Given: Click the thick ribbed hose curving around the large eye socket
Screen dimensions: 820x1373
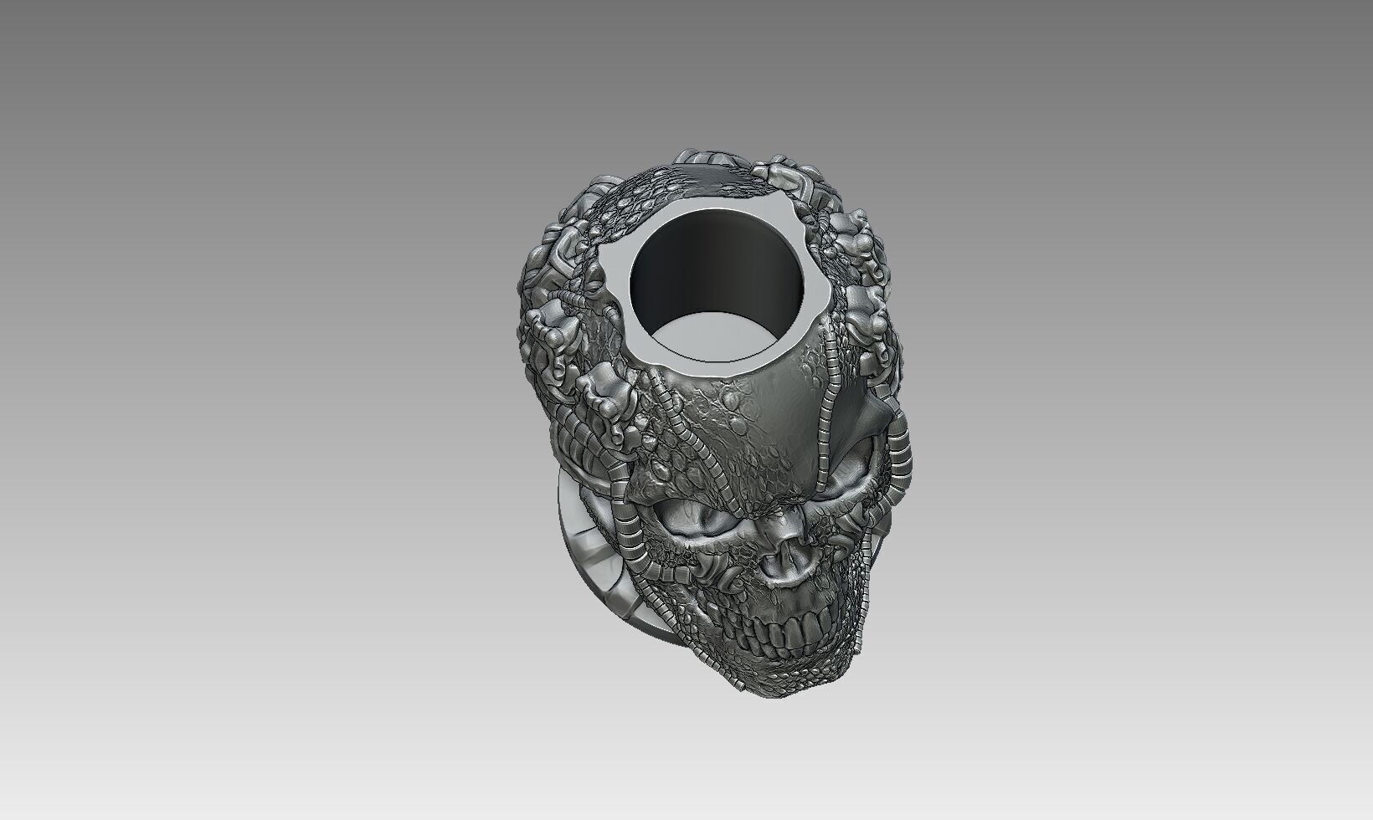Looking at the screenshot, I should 632,544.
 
